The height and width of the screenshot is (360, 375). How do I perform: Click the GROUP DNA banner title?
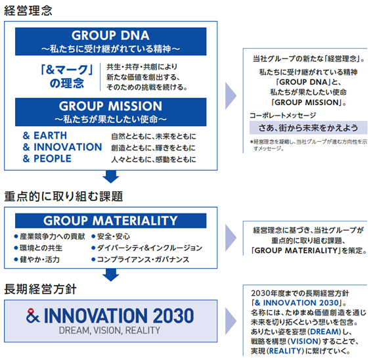(x=110, y=35)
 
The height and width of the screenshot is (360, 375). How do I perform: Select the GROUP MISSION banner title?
(x=110, y=106)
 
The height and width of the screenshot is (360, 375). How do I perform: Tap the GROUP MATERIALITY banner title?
(x=110, y=221)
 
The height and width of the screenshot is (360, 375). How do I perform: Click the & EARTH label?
(x=45, y=135)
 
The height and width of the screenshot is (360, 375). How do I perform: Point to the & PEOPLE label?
(x=47, y=158)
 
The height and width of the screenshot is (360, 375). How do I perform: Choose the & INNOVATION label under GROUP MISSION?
(x=62, y=147)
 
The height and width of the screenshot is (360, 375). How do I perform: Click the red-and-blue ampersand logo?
(x=33, y=316)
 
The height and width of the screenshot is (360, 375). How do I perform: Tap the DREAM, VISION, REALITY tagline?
(x=110, y=330)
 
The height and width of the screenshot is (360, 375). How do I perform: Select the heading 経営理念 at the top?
(x=28, y=11)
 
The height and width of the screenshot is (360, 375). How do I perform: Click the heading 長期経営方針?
(x=41, y=289)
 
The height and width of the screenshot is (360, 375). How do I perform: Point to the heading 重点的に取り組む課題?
(x=64, y=196)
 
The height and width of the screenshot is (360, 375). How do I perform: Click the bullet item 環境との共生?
(x=38, y=248)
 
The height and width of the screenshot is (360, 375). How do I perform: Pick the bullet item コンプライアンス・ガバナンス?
(x=141, y=259)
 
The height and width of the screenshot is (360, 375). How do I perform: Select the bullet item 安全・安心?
(x=111, y=236)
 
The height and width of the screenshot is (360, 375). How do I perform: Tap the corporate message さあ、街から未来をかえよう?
(x=308, y=127)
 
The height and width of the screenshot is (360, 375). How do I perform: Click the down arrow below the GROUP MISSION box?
(x=111, y=177)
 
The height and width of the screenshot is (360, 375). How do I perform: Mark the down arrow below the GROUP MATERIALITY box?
(x=111, y=275)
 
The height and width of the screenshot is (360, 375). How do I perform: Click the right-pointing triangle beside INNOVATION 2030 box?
(x=231, y=321)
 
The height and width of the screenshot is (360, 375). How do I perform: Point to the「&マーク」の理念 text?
(x=67, y=77)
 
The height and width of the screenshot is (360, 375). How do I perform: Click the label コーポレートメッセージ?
(x=282, y=116)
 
